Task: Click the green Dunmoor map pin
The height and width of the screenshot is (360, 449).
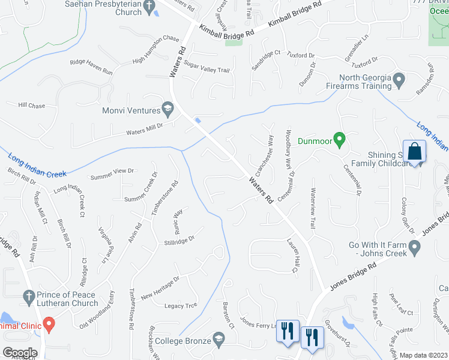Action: pyautogui.click(x=339, y=140)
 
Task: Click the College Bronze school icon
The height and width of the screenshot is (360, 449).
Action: pyautogui.click(x=218, y=341)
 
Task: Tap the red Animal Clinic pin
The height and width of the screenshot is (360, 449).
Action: pyautogui.click(x=49, y=326)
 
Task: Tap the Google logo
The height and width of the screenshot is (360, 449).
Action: pyautogui.click(x=20, y=353)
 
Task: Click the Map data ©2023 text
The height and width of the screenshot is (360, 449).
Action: pyautogui.click(x=424, y=355)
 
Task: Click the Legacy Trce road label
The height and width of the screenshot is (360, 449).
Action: pyautogui.click(x=181, y=306)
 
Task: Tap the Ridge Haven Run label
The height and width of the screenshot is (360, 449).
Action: pyautogui.click(x=91, y=67)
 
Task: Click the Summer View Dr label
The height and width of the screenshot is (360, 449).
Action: pyautogui.click(x=112, y=174)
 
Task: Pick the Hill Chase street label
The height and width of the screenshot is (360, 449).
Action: pyautogui.click(x=31, y=106)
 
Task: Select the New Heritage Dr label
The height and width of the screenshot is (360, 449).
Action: pyautogui.click(x=160, y=288)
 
